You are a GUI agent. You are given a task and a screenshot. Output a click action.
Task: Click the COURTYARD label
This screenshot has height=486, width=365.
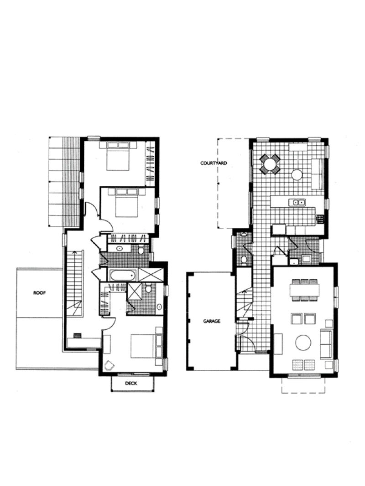click(214, 163)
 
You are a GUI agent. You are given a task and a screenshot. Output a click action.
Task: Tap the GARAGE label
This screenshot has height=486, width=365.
click(212, 321)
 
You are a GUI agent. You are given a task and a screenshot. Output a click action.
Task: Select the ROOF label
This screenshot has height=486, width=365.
click(39, 292)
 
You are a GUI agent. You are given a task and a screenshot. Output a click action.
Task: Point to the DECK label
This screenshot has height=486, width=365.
click(131, 383)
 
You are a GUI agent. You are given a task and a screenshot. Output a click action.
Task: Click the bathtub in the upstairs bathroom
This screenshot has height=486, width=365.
click(123, 275)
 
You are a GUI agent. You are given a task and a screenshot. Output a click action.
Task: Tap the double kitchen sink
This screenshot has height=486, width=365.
click(297, 202)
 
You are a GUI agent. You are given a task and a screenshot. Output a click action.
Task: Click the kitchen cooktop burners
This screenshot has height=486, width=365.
click(320, 219)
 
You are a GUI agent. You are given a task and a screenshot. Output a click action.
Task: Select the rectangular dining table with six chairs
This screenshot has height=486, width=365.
click(304, 290)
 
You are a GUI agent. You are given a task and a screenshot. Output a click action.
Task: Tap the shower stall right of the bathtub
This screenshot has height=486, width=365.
click(151, 275)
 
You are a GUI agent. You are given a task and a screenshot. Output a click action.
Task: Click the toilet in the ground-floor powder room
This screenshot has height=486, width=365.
click(244, 261)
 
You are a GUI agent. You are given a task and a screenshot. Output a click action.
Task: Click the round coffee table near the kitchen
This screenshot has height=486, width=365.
click(297, 175)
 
